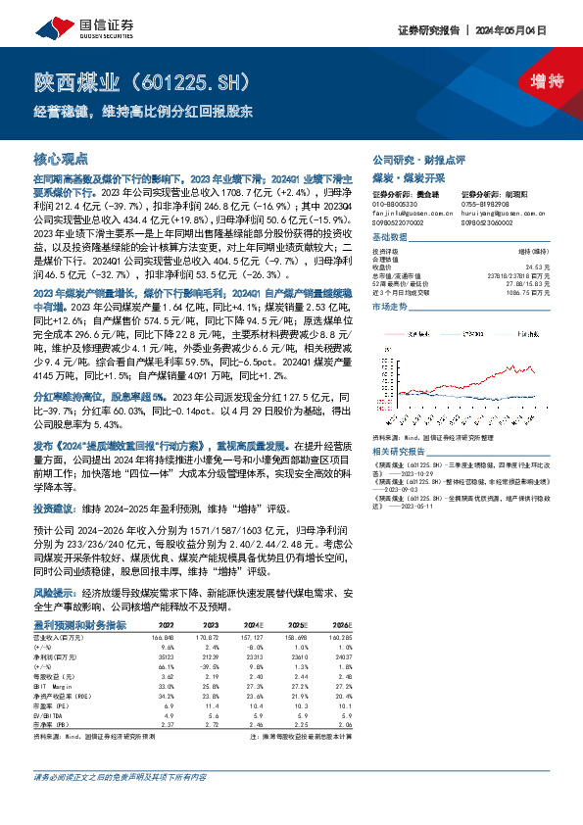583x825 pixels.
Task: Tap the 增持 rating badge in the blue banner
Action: tap(533, 80)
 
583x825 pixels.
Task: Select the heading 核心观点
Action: tap(61, 158)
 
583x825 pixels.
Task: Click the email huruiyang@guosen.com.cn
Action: tap(497, 212)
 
